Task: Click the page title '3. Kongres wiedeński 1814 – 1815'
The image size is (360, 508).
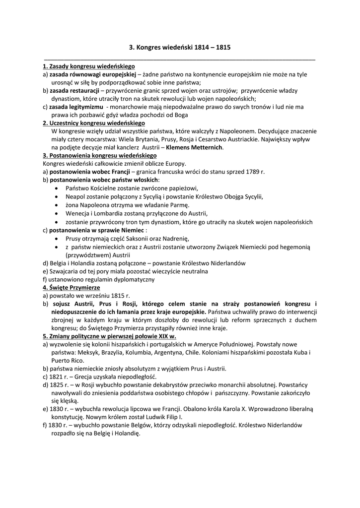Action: [180, 48]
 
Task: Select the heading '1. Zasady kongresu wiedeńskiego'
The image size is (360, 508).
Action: [89, 66]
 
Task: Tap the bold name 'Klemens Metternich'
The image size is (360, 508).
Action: [194, 147]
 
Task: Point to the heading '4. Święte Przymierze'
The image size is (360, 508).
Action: [72, 287]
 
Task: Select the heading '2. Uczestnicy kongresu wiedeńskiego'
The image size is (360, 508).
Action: [94, 123]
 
